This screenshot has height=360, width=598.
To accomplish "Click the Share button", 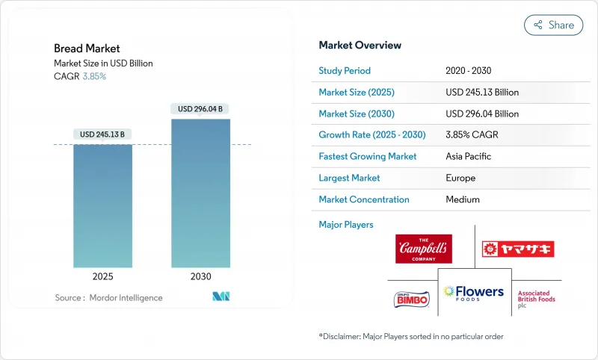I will (553, 25).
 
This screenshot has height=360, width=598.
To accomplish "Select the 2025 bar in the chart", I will (103, 205).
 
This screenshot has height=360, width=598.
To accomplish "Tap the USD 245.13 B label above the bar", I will (103, 134).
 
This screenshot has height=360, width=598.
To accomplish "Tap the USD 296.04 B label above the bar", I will (200, 109).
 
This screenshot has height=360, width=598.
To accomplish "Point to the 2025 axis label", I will (103, 276).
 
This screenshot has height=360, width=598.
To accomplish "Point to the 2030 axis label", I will (200, 276).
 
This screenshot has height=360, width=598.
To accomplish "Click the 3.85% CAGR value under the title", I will (93, 76).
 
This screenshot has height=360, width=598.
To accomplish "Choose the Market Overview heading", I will (360, 45).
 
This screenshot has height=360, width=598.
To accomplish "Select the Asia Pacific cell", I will (469, 157).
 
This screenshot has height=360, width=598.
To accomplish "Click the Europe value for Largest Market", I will (461, 178).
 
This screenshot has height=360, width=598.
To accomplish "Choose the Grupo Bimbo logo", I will (412, 299).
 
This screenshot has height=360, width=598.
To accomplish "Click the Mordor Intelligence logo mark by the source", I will (221, 297).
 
